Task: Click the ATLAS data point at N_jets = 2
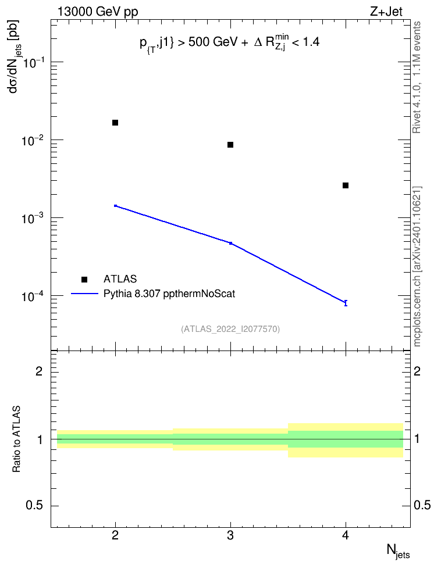click(x=115, y=123)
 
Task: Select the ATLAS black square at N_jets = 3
click(x=230, y=145)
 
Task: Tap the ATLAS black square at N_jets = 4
click(x=346, y=185)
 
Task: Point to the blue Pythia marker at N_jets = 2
click(x=115, y=206)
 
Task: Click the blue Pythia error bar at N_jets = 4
click(x=346, y=303)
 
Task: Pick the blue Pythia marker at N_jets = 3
click(x=230, y=243)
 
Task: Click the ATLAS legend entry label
click(x=120, y=279)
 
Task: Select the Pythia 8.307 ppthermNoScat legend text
click(x=169, y=294)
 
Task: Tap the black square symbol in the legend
click(x=84, y=279)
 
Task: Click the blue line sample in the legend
click(x=84, y=294)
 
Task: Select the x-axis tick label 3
click(x=230, y=536)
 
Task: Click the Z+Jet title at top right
click(x=386, y=12)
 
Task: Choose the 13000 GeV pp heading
click(x=98, y=12)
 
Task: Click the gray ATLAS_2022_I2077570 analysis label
click(x=230, y=328)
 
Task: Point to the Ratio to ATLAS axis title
click(x=16, y=439)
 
